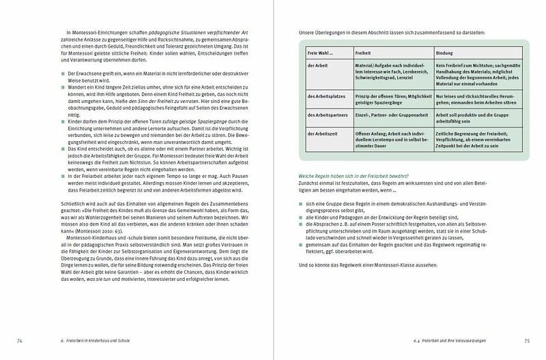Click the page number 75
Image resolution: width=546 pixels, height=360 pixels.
click(526, 340)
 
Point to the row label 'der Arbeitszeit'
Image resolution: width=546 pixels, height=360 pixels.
click(322, 136)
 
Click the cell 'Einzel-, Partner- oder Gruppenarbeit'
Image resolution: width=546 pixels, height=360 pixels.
click(386, 116)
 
